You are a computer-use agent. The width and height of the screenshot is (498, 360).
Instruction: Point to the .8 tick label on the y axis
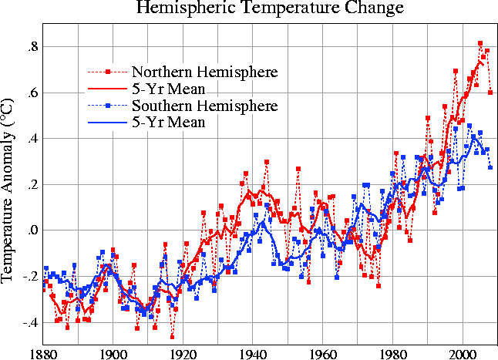[x=30, y=47]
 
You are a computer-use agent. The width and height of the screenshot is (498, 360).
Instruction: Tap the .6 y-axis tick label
[x=30, y=93]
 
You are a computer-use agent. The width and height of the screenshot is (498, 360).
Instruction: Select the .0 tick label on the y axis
[x=30, y=230]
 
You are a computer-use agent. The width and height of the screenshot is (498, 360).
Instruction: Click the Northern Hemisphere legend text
[x=204, y=72]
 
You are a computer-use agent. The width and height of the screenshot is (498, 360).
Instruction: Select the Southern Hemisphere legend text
[x=204, y=105]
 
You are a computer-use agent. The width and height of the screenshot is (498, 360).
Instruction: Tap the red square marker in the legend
[x=109, y=72]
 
